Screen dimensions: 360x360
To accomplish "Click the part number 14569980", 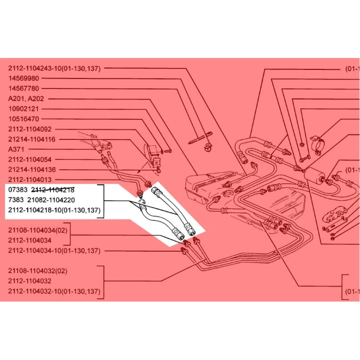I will coord(24,78).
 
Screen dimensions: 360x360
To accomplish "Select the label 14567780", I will coord(24,89).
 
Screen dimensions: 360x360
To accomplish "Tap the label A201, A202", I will coord(26,99).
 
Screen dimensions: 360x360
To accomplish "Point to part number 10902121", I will coord(24,109).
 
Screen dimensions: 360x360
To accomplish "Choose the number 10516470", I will coord(24,119).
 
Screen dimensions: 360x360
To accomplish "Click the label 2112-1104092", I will coord(30,129).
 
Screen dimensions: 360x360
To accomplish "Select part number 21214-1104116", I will coord(32,139).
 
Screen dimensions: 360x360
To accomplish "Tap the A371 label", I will coord(16,150).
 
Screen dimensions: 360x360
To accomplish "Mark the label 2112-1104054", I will coord(30,160).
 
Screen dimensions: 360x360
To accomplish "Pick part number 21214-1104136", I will coord(32,170).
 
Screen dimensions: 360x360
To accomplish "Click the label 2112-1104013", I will coord(30,180).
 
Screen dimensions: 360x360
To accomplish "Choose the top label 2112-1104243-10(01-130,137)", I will coord(54,68).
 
